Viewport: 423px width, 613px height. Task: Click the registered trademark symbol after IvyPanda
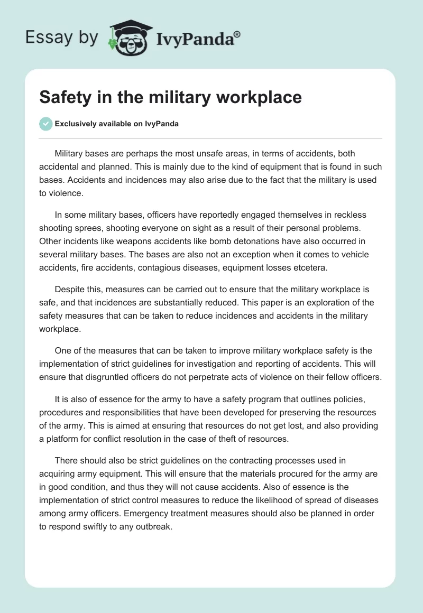237,34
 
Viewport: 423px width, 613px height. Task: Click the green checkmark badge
46,124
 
